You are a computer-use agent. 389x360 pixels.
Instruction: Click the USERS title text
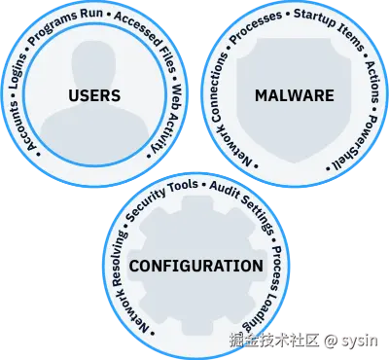(95, 95)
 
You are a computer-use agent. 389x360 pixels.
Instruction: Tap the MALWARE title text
(293, 95)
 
